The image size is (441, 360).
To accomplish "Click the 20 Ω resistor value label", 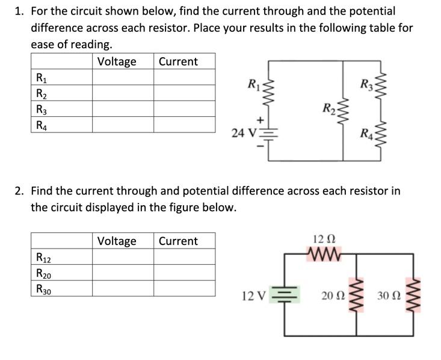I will (x=333, y=296).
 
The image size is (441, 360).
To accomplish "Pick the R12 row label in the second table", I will (x=43, y=258).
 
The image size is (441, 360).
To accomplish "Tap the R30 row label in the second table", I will (x=43, y=288).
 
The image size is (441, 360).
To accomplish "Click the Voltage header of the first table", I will (x=117, y=61).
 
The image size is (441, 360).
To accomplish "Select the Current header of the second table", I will (x=178, y=241).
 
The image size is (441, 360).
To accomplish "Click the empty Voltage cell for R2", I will (x=123, y=93).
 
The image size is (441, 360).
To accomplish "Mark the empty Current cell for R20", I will (x=184, y=273).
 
